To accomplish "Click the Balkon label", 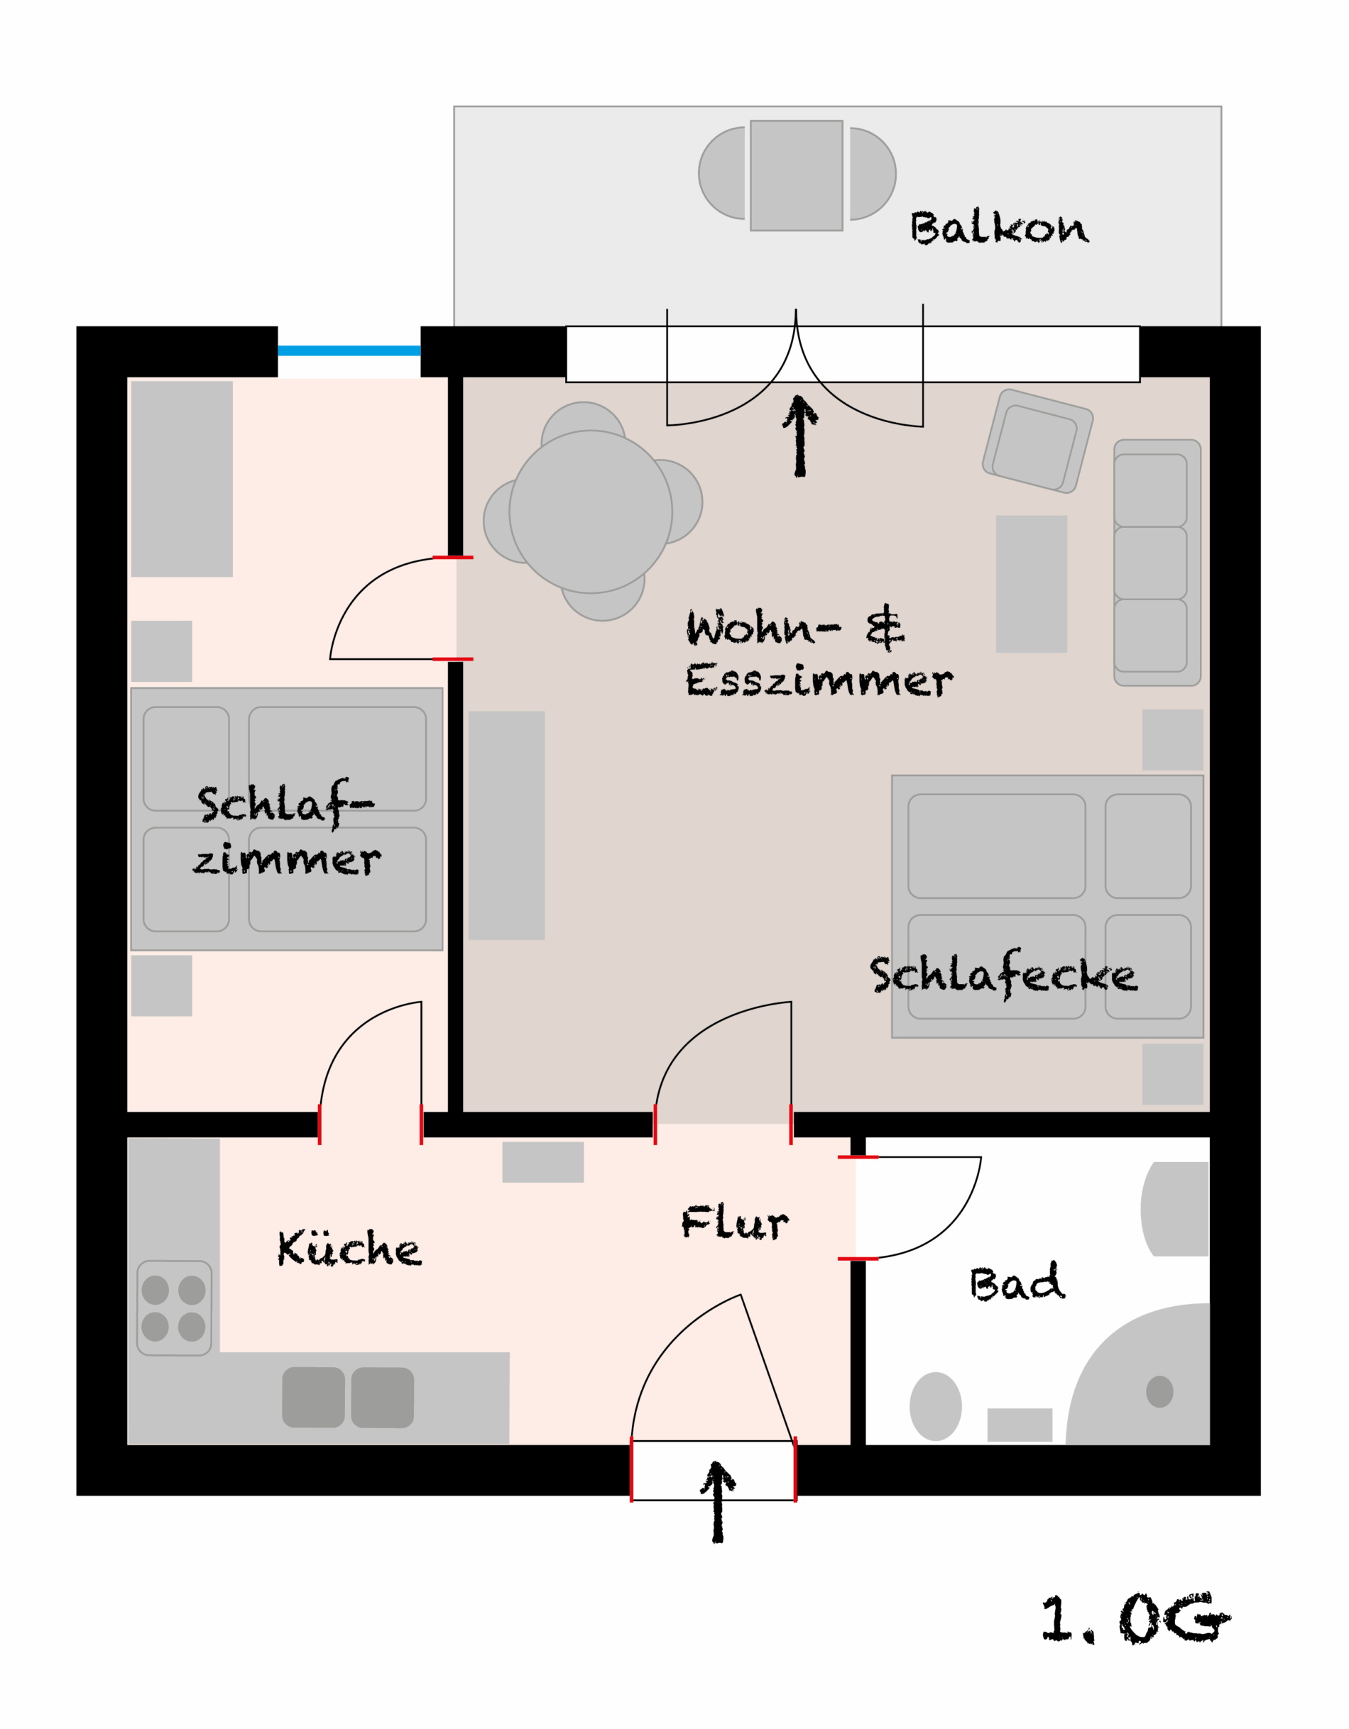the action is coord(999,227).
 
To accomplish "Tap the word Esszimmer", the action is coord(819,681).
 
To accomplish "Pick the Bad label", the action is coord(1017,1283).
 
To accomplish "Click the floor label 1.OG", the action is coord(1135,1618).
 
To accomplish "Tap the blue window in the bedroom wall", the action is coord(349,350).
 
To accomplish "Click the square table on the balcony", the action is coord(796,176).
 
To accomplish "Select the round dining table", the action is coord(591,512).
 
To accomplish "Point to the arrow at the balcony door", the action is coord(800,436).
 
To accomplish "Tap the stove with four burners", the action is coord(174,1308).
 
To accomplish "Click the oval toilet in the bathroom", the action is coord(936,1406).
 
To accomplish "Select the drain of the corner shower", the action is coord(1159,1392).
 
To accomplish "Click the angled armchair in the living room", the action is coord(1038,441).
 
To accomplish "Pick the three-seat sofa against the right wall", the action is coord(1157,562).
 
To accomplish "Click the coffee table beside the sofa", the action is coord(1032,584).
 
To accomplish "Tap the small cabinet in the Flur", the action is coord(542,1162).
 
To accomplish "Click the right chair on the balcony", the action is coord(873,173).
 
